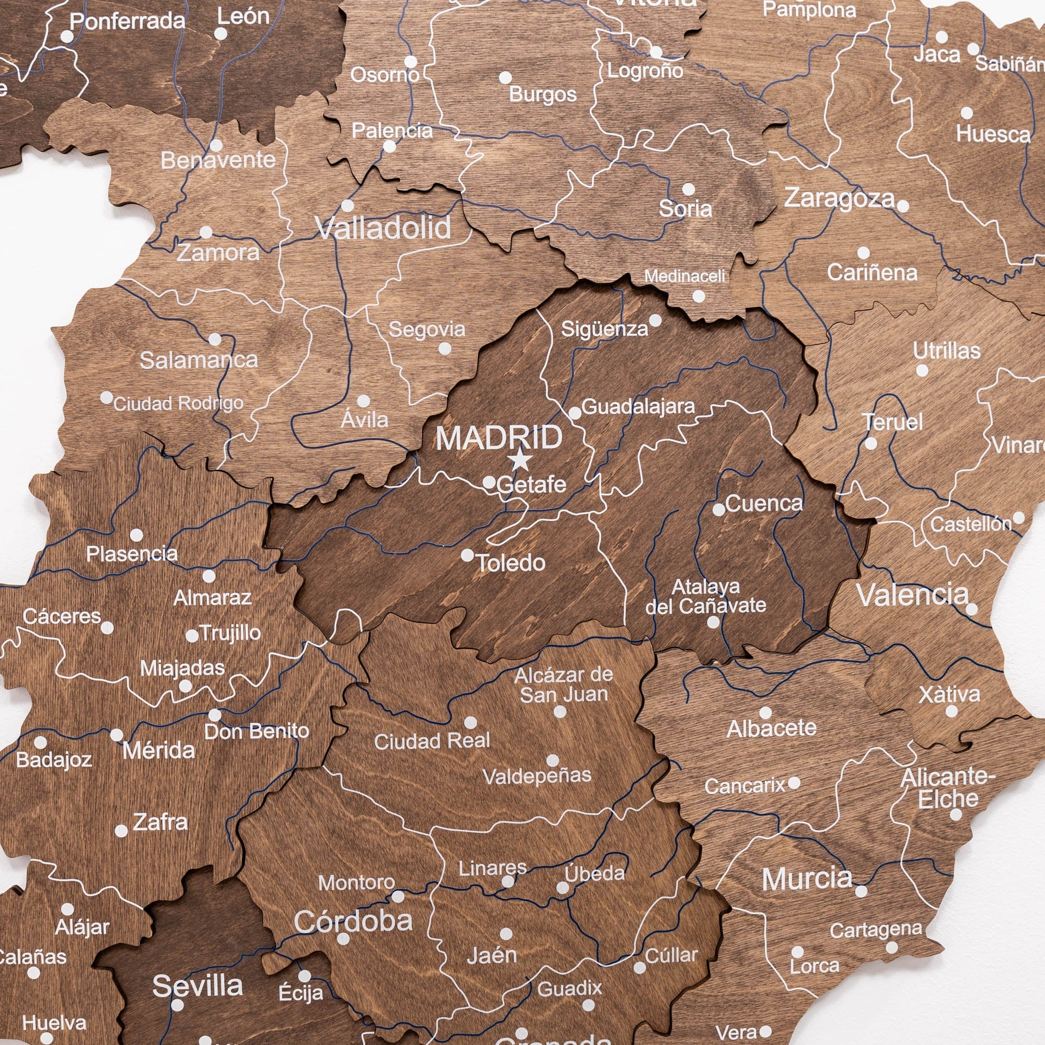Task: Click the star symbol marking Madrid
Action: (x=520, y=460)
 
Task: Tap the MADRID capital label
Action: (x=498, y=437)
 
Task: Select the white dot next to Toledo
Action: (x=467, y=555)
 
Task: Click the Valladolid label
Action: (x=383, y=228)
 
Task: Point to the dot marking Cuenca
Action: (x=719, y=509)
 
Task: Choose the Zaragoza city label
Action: (x=840, y=198)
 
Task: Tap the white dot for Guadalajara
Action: (x=575, y=414)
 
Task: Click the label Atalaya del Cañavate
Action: (x=705, y=596)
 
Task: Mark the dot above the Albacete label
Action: (x=765, y=712)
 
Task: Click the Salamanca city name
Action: (x=199, y=360)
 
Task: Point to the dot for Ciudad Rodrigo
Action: (x=107, y=398)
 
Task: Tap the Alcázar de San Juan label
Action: (x=564, y=685)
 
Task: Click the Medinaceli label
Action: (x=684, y=276)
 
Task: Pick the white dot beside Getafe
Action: (x=489, y=482)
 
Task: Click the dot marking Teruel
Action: (x=871, y=444)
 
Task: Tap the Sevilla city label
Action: (x=198, y=985)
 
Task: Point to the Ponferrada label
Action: (x=127, y=21)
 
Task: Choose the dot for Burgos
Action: (x=505, y=77)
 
